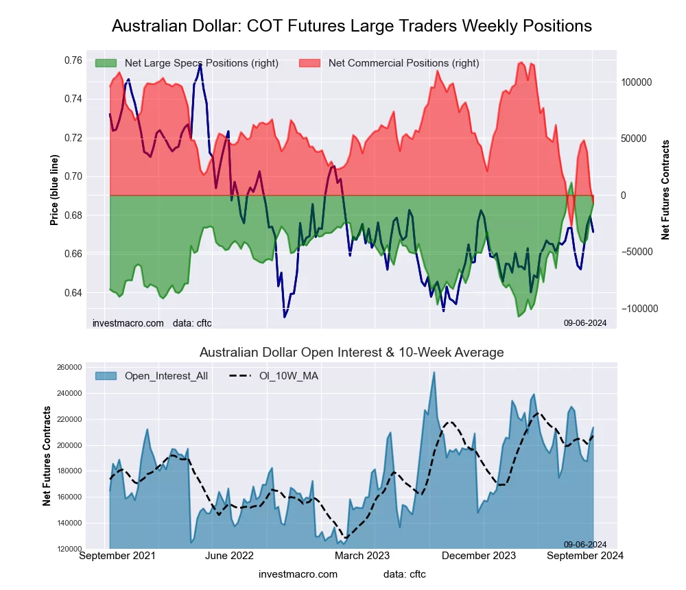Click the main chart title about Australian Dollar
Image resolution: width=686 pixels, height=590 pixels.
pyautogui.click(x=351, y=26)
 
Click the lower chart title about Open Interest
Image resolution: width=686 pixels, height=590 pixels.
pyautogui.click(x=351, y=353)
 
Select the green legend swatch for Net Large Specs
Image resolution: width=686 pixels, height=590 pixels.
pyautogui.click(x=106, y=63)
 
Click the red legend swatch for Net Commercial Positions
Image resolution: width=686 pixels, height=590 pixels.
pyautogui.click(x=310, y=63)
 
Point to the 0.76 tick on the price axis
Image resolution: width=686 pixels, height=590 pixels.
pyautogui.click(x=68, y=60)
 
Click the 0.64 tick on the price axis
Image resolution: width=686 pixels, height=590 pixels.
pyautogui.click(x=68, y=293)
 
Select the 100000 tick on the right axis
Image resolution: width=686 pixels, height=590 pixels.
pyautogui.click(x=635, y=82)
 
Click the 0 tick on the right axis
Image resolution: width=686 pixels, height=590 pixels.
pyautogui.click(x=624, y=196)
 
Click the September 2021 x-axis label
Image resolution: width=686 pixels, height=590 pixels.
pyautogui.click(x=117, y=556)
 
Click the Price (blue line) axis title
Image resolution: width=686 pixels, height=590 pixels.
pyautogui.click(x=54, y=190)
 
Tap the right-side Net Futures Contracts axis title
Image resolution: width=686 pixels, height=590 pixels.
pyautogui.click(x=665, y=190)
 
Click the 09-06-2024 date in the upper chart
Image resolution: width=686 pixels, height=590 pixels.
pyautogui.click(x=585, y=322)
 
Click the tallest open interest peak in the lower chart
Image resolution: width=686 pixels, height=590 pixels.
pyautogui.click(x=434, y=373)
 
